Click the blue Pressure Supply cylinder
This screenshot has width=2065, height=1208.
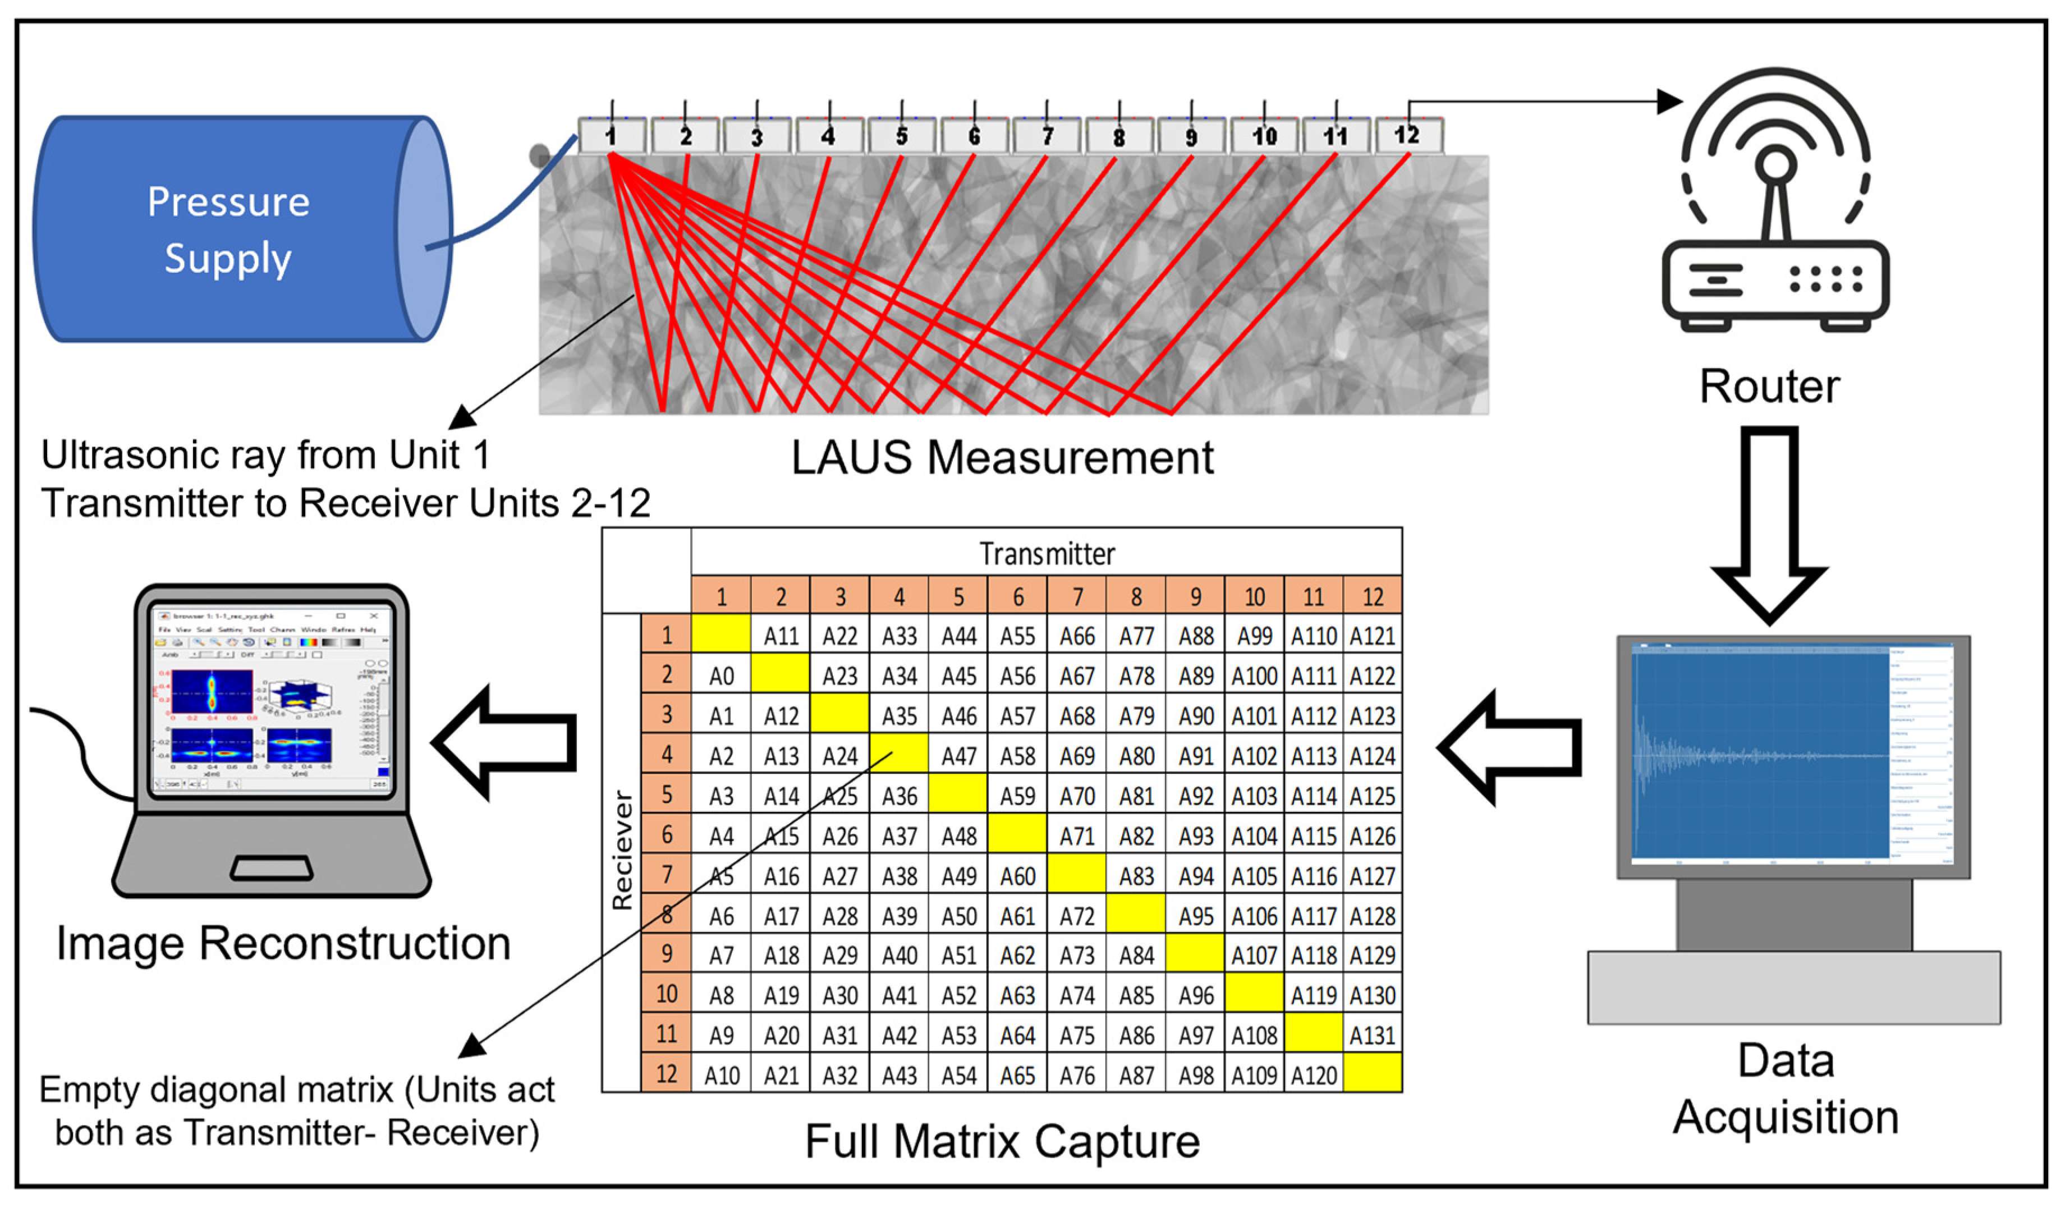coord(230,229)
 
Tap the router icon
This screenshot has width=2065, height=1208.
coord(1775,205)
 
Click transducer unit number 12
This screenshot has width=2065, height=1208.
coord(1408,135)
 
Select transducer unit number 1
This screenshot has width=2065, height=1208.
coord(611,136)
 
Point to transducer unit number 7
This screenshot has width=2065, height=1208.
coord(1047,136)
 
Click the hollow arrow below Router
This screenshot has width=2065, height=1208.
coord(1769,525)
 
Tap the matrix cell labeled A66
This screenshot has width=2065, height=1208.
coord(1077,636)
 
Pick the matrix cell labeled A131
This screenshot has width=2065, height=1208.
coord(1373,1036)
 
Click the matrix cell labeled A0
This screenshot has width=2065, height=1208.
coord(721,676)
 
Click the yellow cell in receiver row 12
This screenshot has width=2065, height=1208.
coord(1373,1073)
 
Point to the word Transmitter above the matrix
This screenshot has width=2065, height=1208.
coord(1047,554)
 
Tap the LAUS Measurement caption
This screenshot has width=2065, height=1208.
coord(1002,457)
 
